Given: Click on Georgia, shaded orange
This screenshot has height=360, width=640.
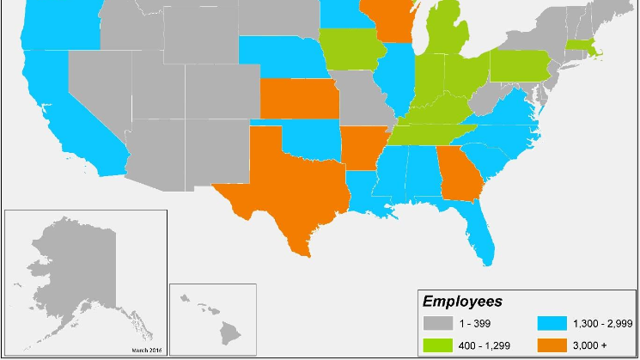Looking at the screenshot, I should (x=459, y=176).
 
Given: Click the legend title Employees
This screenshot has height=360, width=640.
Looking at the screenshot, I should (x=462, y=302).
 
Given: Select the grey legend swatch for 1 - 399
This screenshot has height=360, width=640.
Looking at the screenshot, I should (x=438, y=324).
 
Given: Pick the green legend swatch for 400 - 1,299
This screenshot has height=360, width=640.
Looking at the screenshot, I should (x=438, y=345).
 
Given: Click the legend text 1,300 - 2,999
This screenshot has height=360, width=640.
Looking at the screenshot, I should (x=598, y=324).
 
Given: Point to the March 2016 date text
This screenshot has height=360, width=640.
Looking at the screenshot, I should (x=146, y=350).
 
